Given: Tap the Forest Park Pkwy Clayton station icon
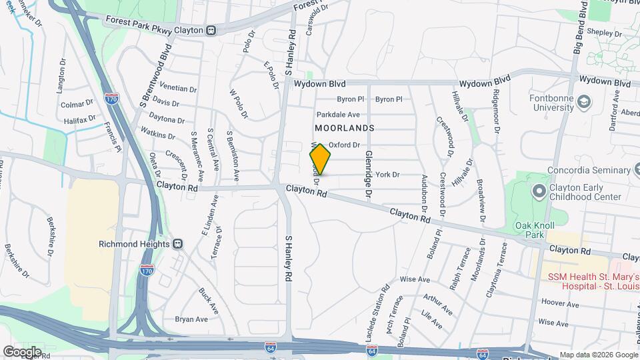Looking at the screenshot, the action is coord(211,30).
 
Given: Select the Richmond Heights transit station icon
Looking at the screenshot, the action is coord(177,244).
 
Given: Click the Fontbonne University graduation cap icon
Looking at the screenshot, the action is coord(585,102).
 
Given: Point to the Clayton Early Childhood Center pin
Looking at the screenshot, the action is coord(539,192).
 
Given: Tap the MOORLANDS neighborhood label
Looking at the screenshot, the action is coord(345,127).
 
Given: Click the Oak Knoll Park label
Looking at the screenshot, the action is coord(531,230).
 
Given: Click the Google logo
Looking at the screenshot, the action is coord(22,351).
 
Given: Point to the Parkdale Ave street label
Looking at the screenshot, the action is coord(339,115).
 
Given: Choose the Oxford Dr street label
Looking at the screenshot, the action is coord(344,145).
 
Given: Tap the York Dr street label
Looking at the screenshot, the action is coord(387,175).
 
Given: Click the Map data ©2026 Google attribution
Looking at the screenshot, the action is coord(598,355).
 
